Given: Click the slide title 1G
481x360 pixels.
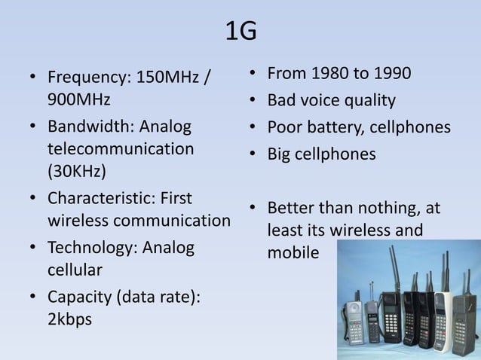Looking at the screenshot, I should pyautogui.click(x=240, y=31).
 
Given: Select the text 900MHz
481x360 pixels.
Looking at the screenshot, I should pyautogui.click(x=79, y=99).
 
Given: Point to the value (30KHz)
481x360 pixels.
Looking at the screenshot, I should pyautogui.click(x=77, y=171).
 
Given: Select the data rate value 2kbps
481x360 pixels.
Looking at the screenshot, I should pyautogui.click(x=69, y=319).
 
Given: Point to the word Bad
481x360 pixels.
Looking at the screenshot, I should pyautogui.click(x=283, y=100).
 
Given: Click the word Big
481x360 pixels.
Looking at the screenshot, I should pyautogui.click(x=280, y=154).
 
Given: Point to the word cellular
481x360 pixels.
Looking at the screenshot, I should pyautogui.click(x=75, y=270).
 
